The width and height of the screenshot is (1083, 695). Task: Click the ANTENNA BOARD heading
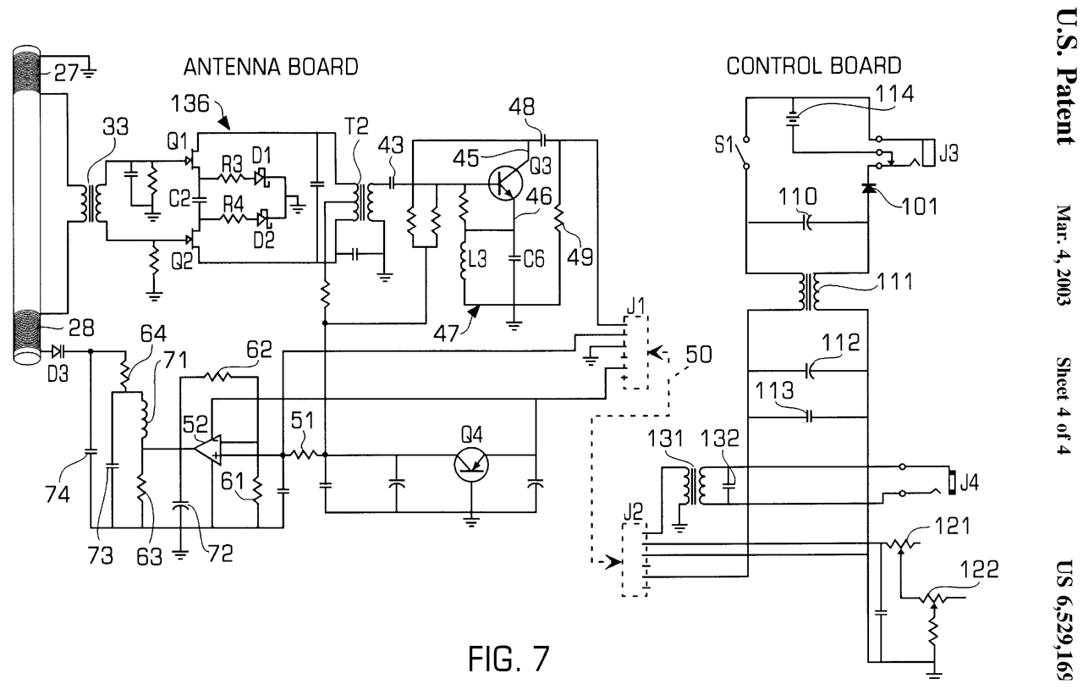click(x=261, y=65)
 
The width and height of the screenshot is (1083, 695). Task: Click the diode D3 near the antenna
click(x=57, y=350)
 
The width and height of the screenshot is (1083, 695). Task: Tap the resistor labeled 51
click(x=303, y=455)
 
